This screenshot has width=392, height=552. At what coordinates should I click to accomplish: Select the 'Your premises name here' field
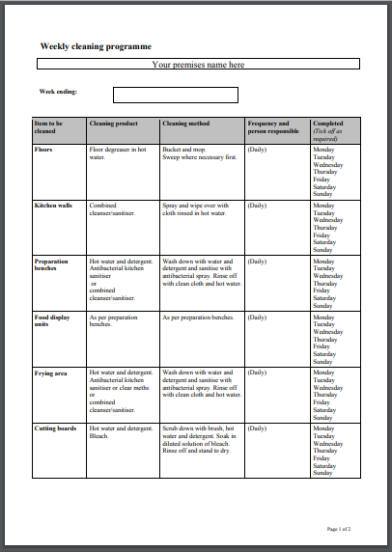198,65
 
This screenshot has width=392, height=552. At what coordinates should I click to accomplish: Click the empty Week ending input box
175,95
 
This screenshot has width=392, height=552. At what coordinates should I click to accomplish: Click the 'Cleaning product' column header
114,124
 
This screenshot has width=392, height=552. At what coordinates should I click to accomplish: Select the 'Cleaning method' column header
186,124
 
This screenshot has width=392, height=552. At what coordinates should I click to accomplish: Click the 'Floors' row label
44,150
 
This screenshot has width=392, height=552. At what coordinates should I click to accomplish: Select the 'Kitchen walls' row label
53,206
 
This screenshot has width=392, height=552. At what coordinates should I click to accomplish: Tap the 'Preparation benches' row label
54,265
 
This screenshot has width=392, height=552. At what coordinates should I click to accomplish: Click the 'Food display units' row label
53,321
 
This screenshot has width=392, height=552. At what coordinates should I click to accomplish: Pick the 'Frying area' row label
50,372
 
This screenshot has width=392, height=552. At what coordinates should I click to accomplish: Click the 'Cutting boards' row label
54,428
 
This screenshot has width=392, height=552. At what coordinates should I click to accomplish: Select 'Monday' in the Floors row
323,150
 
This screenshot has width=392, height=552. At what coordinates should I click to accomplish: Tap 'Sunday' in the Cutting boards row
322,473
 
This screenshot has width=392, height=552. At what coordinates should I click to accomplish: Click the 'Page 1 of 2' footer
345,530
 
